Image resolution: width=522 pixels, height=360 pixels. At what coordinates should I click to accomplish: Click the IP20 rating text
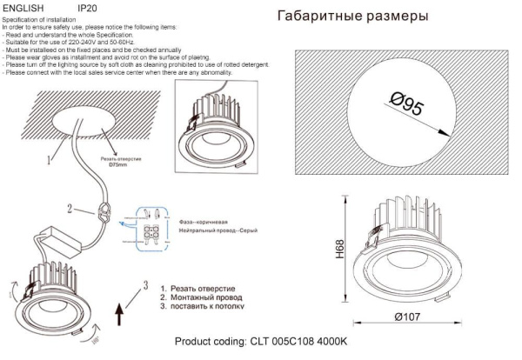tap(88, 7)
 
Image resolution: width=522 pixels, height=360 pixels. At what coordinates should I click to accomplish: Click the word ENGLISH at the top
tap(24, 7)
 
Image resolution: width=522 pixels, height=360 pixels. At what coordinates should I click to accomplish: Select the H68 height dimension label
tap(340, 250)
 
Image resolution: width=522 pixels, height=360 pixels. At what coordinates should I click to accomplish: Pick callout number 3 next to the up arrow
tap(147, 285)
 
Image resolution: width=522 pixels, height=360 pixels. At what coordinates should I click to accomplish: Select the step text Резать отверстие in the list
tap(203, 288)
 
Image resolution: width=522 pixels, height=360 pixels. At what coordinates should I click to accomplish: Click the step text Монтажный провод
tap(204, 297)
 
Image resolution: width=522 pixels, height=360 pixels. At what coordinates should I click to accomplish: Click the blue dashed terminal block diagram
tap(149, 223)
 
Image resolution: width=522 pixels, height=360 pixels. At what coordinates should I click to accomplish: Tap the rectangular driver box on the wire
tap(56, 237)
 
